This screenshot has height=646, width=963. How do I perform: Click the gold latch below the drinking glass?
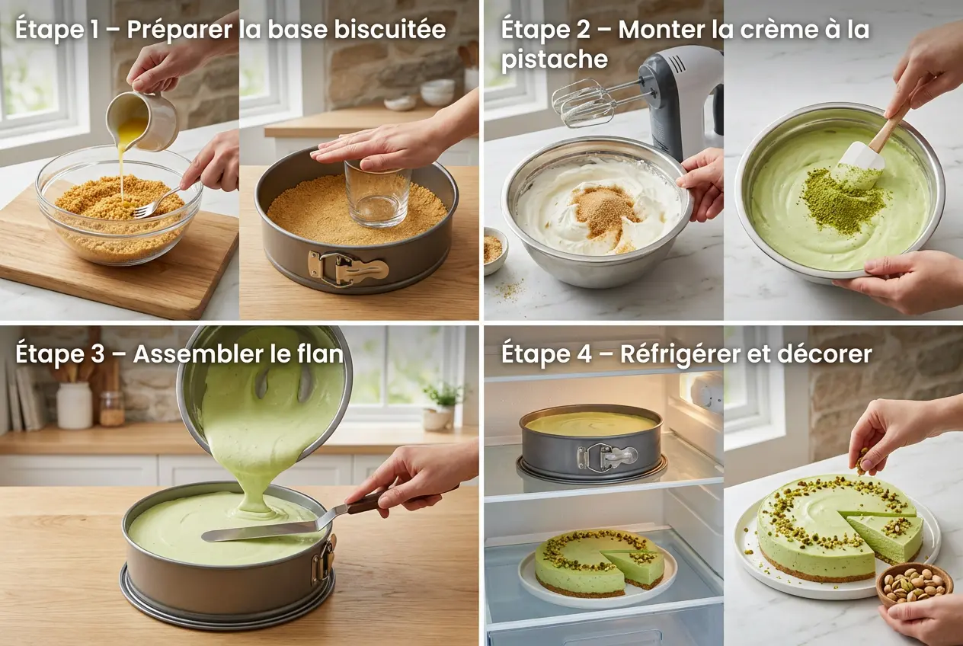pyautogui.click(x=347, y=266)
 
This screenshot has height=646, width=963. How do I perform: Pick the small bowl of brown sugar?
pyautogui.click(x=495, y=249)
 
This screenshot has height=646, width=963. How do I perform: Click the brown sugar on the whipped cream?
pyautogui.click(x=606, y=206)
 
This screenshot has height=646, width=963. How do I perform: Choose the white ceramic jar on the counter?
pyautogui.click(x=75, y=405)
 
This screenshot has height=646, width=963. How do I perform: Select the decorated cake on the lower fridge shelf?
pyautogui.click(x=599, y=564)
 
